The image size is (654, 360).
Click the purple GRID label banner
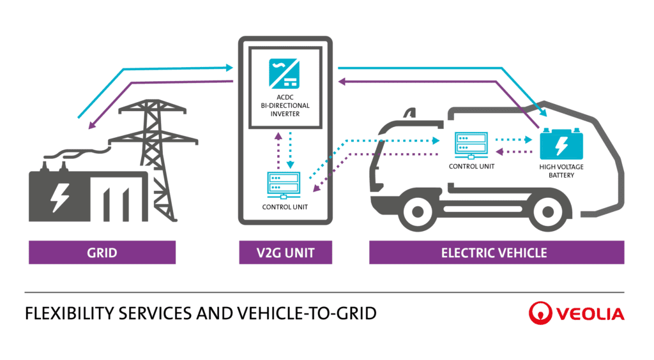(x=102, y=253)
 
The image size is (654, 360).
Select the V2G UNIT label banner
(x=285, y=253)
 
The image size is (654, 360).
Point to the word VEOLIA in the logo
(x=588, y=313)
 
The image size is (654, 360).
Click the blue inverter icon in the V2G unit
(x=285, y=73)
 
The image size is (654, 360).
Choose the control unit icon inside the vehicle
(x=471, y=145)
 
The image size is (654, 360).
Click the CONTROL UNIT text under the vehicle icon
(x=471, y=166)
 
